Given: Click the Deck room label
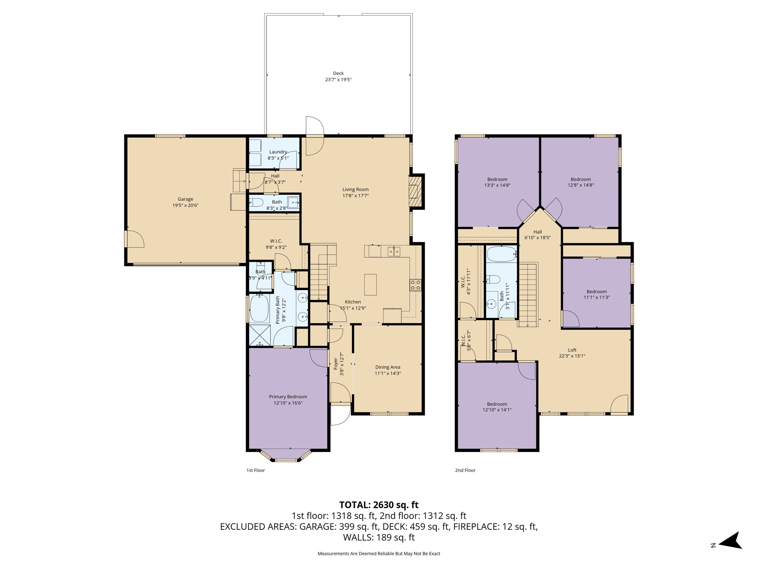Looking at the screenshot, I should pyautogui.click(x=338, y=73).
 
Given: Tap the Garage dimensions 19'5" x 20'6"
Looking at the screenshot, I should pyautogui.click(x=185, y=205).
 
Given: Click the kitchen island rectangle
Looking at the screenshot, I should pyautogui.click(x=370, y=284).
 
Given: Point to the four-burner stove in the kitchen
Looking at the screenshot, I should pyautogui.click(x=415, y=284).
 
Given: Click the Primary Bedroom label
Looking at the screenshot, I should pyautogui.click(x=288, y=397).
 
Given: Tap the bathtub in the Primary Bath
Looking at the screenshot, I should pyautogui.click(x=259, y=308).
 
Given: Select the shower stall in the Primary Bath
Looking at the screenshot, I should pyautogui.click(x=260, y=336).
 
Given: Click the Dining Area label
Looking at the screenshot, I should pyautogui.click(x=388, y=367).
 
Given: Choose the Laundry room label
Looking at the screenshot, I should pyautogui.click(x=278, y=152).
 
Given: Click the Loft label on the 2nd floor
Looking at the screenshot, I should pyautogui.click(x=572, y=350).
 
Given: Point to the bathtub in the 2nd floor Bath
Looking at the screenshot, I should pyautogui.click(x=502, y=254).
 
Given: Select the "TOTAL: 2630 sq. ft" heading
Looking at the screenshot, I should pyautogui.click(x=379, y=505).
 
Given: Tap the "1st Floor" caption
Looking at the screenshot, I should pyautogui.click(x=256, y=470).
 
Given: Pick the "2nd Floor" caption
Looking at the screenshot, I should pyautogui.click(x=465, y=470).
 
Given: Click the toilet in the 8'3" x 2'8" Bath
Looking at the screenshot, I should pyautogui.click(x=256, y=202).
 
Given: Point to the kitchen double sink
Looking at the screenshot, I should pyautogui.click(x=394, y=252).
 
